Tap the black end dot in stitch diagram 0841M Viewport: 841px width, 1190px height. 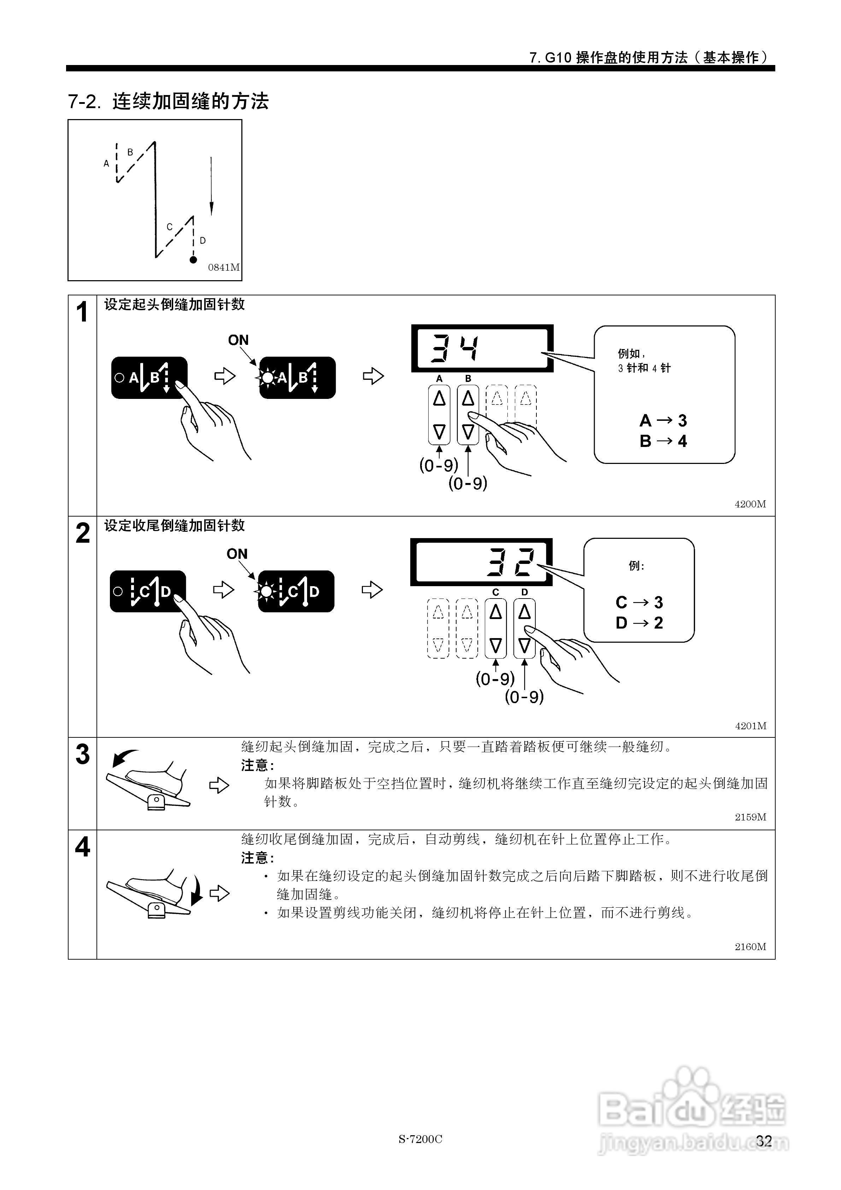[193, 259]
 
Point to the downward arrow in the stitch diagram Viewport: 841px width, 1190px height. [211, 187]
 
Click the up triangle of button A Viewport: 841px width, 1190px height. [439, 399]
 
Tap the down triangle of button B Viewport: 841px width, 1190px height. [468, 431]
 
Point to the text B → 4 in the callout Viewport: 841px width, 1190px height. [663, 441]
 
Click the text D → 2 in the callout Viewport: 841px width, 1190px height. [639, 623]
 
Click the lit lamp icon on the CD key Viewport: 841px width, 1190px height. [266, 591]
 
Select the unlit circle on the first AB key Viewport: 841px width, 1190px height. [119, 377]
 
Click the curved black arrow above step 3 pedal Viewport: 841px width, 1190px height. [124, 758]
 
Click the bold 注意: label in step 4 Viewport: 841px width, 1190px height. [257, 858]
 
